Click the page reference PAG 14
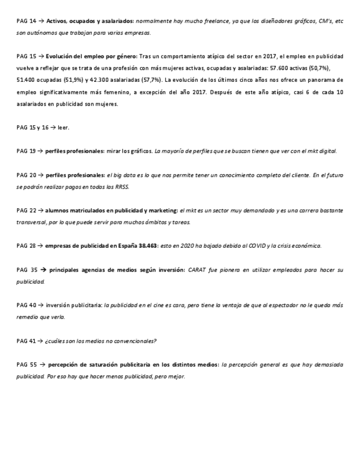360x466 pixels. coord(26,21)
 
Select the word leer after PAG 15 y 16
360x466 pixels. coord(63,127)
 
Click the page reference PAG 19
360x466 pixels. coord(26,151)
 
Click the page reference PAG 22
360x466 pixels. coord(26,210)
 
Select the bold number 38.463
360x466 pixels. coord(146,246)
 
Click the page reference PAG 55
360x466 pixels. coord(26,364)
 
